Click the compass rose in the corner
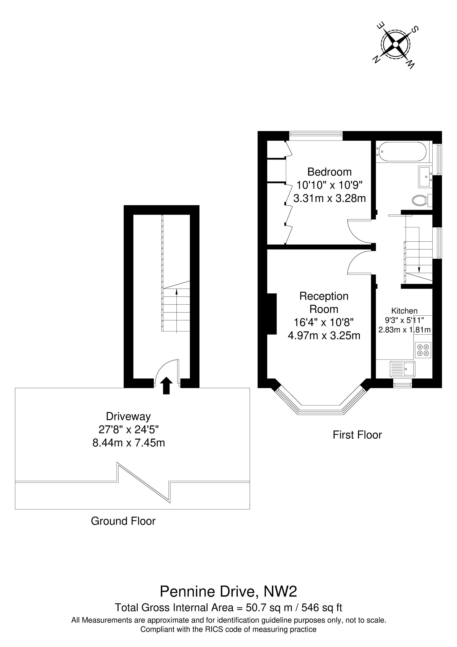[395, 45]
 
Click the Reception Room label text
[324, 303]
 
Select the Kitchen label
[404, 311]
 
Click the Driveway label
[128, 416]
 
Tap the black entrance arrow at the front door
[166, 385]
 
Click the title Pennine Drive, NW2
[228, 591]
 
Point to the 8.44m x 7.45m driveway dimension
[129, 443]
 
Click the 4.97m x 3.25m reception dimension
[324, 335]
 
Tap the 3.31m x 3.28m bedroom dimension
[329, 198]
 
